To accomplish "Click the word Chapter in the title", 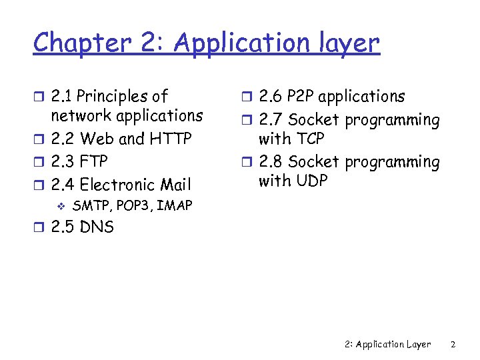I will point(83,44).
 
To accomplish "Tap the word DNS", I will point(97,227).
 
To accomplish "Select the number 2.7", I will point(272,121).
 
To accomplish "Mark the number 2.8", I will point(272,162).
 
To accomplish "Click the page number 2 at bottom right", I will point(453,345).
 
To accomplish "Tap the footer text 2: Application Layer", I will point(388,345).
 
